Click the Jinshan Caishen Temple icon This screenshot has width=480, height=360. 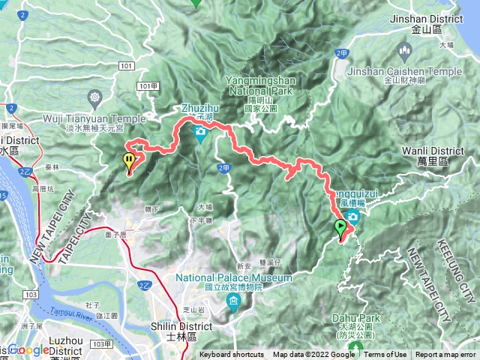click(406, 52)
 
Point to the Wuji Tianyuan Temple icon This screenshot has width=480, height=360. click(95, 97)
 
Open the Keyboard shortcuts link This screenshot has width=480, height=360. click(232, 355)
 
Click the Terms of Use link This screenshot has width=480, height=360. click(385, 355)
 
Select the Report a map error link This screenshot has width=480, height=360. click(446, 355)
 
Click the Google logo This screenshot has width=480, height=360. click(28, 349)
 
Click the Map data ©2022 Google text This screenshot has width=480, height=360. click(313, 355)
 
